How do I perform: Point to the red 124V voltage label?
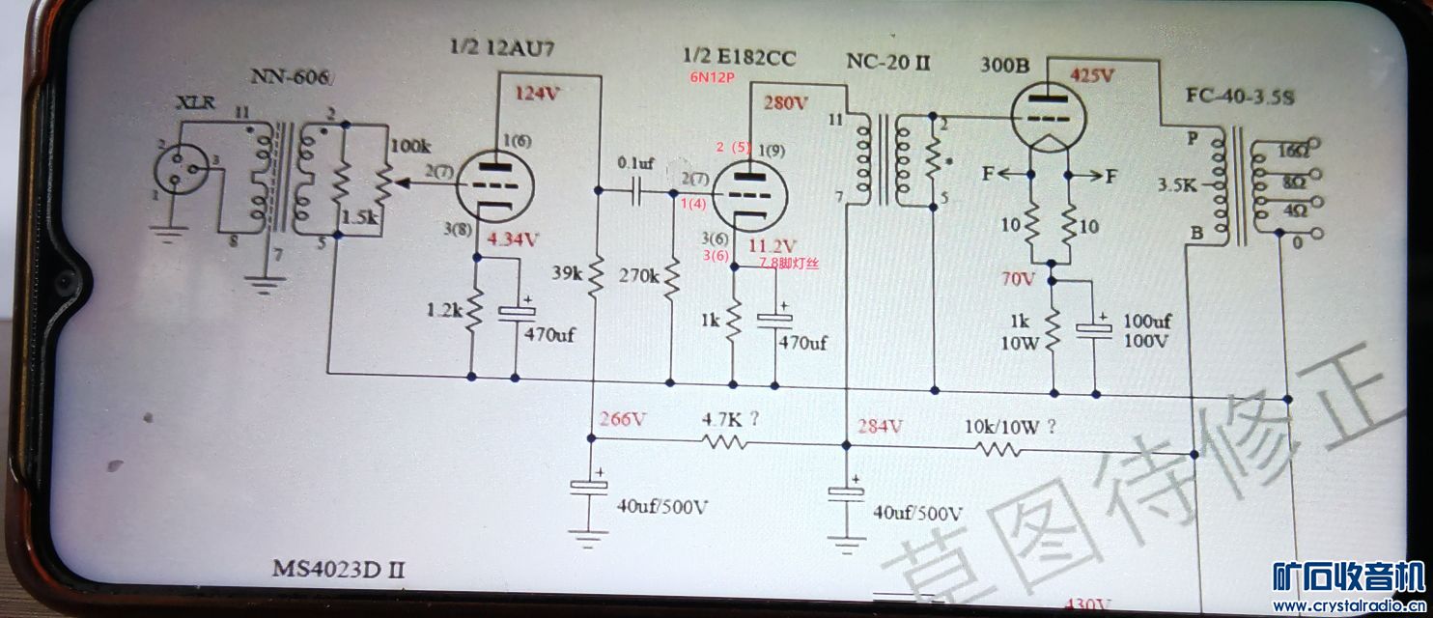538,94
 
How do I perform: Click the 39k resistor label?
568,274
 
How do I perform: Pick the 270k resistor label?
641,276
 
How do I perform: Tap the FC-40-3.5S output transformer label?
1239,98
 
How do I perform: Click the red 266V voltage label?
620,419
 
